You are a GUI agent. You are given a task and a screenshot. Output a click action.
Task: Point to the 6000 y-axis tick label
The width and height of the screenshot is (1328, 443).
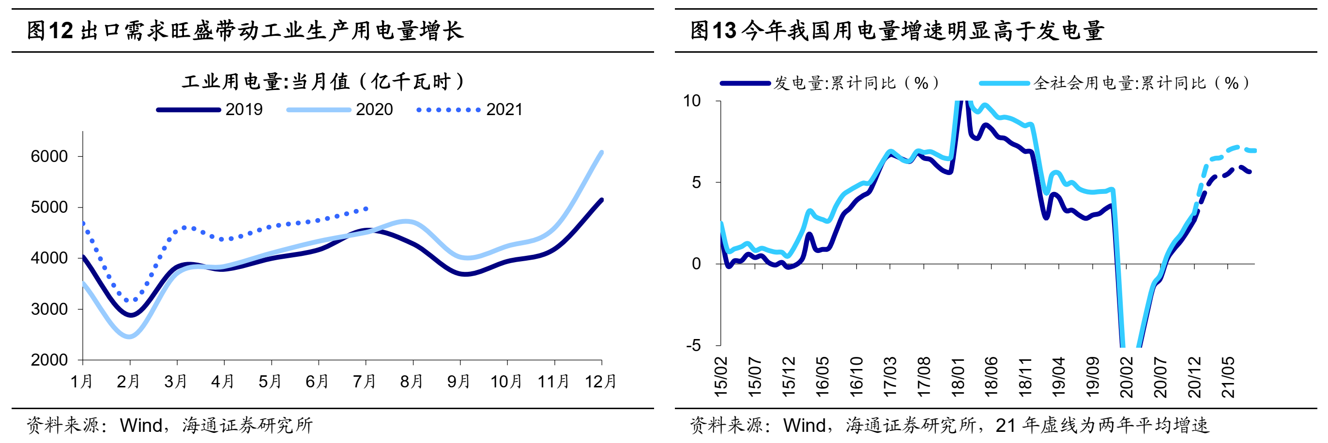49,156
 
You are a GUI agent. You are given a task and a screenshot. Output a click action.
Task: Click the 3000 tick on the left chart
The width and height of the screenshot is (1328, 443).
49,309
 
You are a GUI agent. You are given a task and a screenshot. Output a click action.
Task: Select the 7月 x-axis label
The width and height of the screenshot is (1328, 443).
365,382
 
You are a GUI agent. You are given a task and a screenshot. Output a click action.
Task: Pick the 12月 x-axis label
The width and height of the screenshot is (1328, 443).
601,382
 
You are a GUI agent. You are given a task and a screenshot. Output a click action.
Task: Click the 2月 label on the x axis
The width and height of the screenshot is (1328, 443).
128,382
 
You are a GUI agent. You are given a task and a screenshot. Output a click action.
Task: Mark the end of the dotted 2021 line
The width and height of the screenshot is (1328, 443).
366,208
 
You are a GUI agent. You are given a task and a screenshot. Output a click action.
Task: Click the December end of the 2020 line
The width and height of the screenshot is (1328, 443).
602,152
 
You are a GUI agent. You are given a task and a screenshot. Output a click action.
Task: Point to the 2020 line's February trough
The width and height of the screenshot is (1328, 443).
129,337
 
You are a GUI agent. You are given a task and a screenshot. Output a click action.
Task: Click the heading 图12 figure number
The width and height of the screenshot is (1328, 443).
50,31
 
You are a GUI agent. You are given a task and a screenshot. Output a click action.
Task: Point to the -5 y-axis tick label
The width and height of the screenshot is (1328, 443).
693,345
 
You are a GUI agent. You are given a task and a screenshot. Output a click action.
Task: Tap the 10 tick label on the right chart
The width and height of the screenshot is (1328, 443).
692,101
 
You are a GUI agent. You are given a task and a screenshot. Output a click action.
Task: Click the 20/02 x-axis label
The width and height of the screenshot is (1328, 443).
1127,378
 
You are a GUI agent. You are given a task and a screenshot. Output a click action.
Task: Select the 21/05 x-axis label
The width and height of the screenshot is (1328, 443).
1228,378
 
